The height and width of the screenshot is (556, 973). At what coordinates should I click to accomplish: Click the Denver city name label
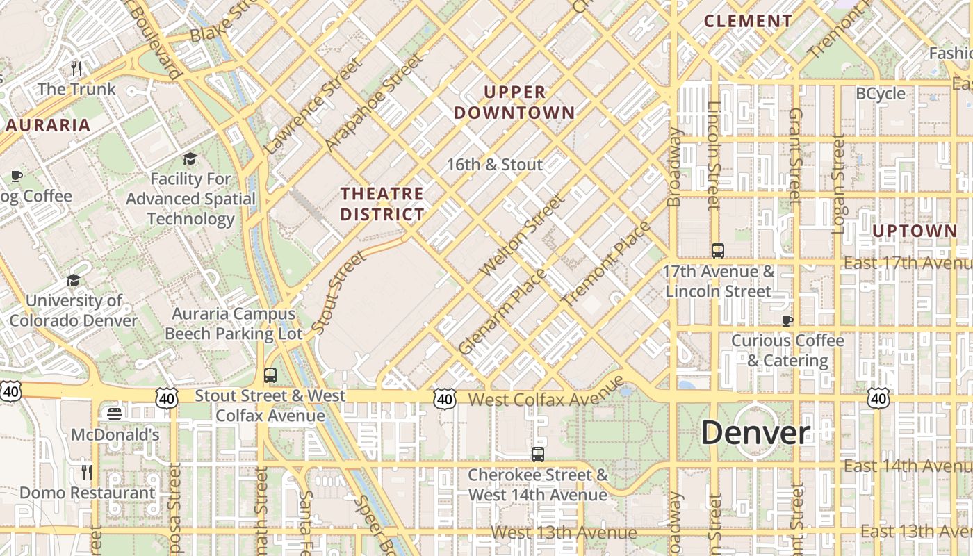point(755,433)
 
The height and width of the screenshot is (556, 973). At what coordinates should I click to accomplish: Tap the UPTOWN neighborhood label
point(914,231)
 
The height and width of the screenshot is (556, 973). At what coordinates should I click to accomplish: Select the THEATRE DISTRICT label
point(382,204)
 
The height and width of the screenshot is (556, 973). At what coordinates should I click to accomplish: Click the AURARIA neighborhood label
point(48,125)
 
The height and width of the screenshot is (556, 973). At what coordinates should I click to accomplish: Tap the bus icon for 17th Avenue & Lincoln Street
point(718,251)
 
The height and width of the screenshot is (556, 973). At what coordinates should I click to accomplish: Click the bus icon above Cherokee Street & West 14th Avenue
point(537,455)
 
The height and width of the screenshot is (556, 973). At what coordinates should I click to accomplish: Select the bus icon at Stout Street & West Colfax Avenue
point(270,375)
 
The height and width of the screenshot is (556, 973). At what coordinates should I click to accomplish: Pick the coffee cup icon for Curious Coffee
point(787,320)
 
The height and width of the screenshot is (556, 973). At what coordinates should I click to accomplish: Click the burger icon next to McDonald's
point(115,414)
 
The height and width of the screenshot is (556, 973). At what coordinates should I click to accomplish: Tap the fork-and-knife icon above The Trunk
point(76,68)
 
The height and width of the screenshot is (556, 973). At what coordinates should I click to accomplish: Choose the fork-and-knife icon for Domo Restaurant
point(87,473)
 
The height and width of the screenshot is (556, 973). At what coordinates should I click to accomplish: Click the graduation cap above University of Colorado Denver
point(73,280)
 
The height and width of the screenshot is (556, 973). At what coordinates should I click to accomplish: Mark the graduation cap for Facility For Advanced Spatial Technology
point(190,158)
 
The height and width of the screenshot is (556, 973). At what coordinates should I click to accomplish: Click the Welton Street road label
point(523,235)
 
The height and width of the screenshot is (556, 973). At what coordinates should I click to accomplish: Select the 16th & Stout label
point(494,165)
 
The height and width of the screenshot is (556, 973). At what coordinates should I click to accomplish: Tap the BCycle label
point(880,93)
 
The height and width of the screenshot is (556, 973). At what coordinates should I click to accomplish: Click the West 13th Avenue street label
point(563,532)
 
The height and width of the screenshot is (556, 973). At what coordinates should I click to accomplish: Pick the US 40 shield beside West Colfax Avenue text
point(445,399)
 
